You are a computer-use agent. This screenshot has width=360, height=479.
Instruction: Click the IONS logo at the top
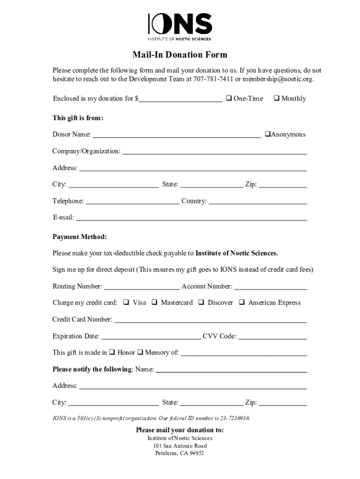(180, 27)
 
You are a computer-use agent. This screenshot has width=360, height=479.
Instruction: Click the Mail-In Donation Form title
(180, 55)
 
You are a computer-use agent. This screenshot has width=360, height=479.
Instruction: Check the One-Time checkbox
(229, 98)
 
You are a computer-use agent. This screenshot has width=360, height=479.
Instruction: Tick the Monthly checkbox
(276, 98)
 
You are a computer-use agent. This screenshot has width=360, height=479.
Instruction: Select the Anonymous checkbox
(267, 134)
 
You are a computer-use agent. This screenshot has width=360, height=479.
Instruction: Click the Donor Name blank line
(177, 135)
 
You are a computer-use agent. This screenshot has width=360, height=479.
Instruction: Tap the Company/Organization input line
(214, 152)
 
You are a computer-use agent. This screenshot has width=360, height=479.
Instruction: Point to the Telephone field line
(133, 202)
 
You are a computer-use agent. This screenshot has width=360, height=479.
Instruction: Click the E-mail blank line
(191, 218)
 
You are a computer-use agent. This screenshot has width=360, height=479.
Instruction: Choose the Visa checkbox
(126, 302)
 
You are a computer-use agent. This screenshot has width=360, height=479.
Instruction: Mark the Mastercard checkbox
(154, 302)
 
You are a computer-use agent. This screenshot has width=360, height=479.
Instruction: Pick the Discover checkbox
(201, 302)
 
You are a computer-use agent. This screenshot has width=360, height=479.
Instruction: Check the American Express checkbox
(242, 302)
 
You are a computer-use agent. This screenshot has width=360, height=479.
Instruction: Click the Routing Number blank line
(142, 287)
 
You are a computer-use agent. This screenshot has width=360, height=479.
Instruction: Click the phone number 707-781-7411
(213, 79)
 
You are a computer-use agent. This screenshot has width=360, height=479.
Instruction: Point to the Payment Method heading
(79, 237)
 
